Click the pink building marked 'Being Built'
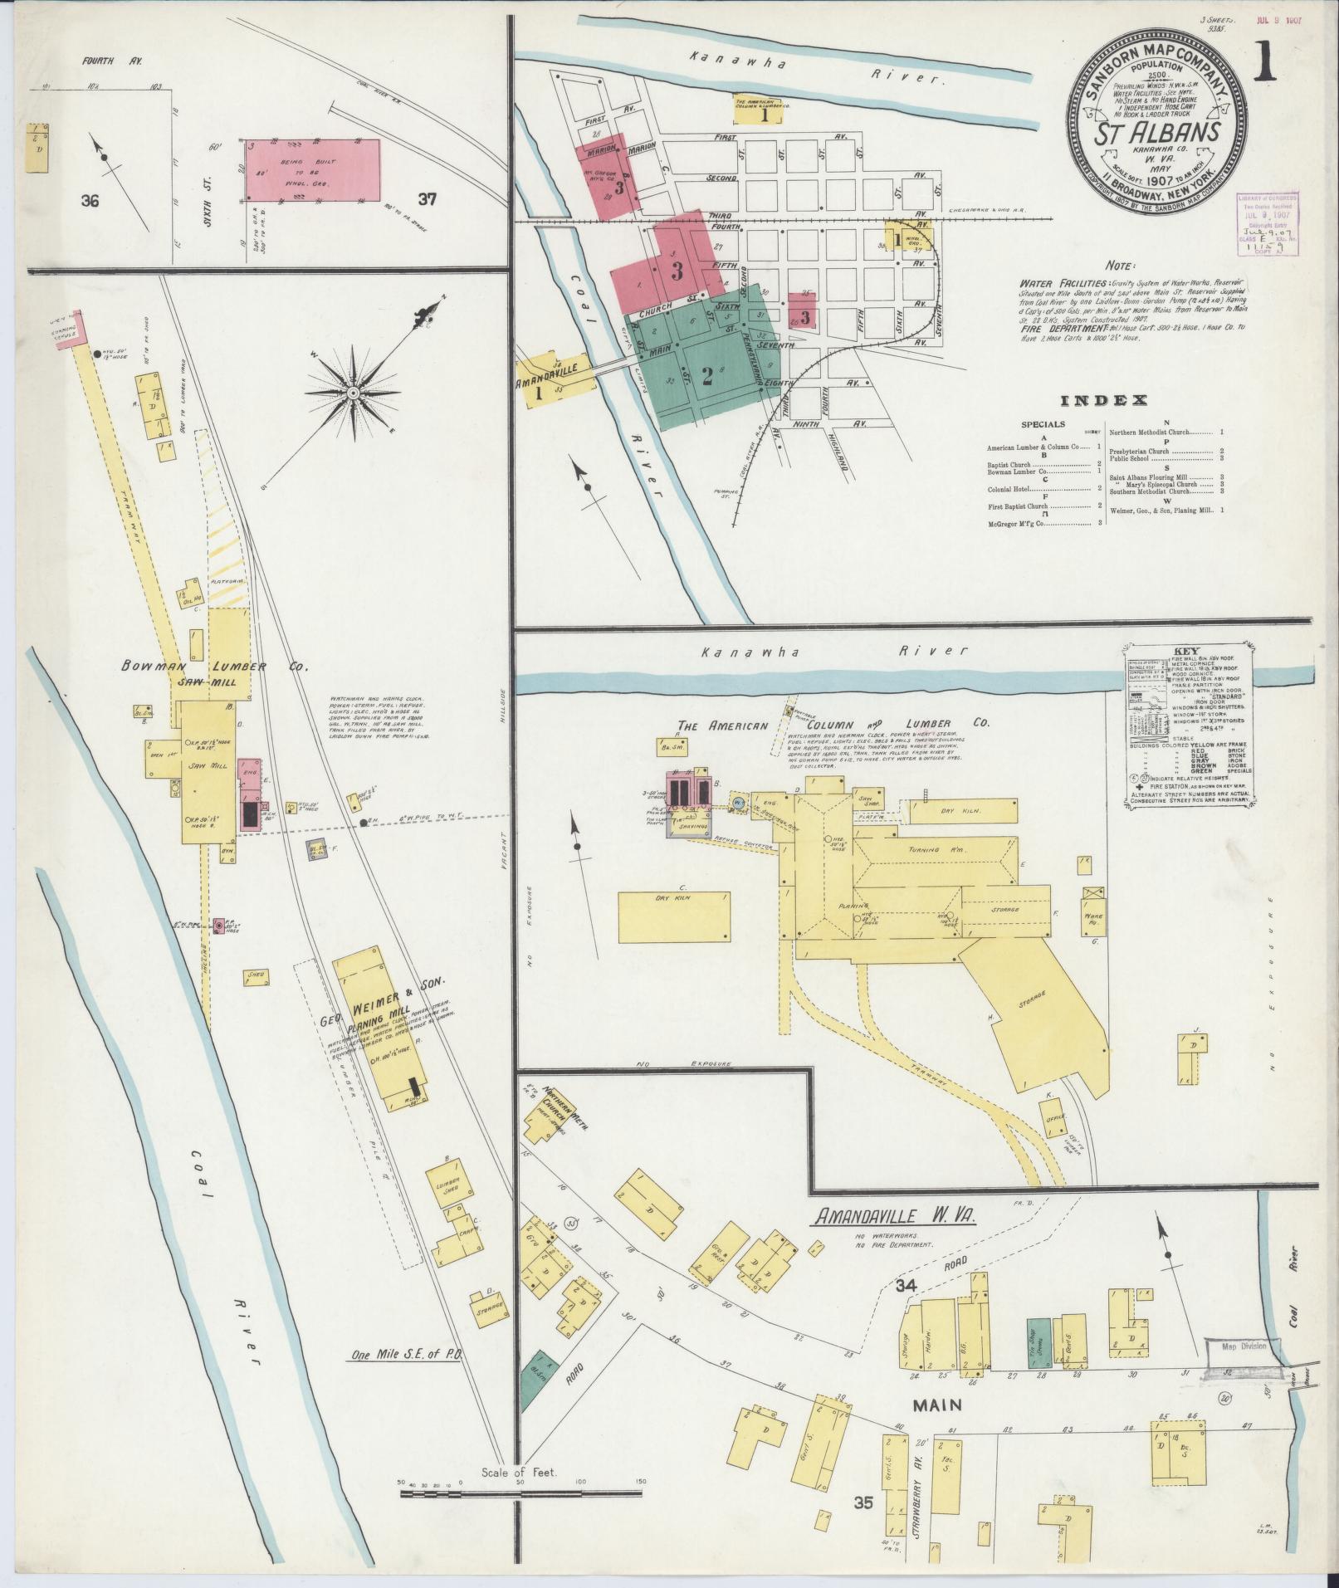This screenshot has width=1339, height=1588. click(315, 170)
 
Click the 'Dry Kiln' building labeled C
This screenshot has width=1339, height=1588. click(674, 916)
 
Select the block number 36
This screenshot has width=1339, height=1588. click(90, 200)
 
